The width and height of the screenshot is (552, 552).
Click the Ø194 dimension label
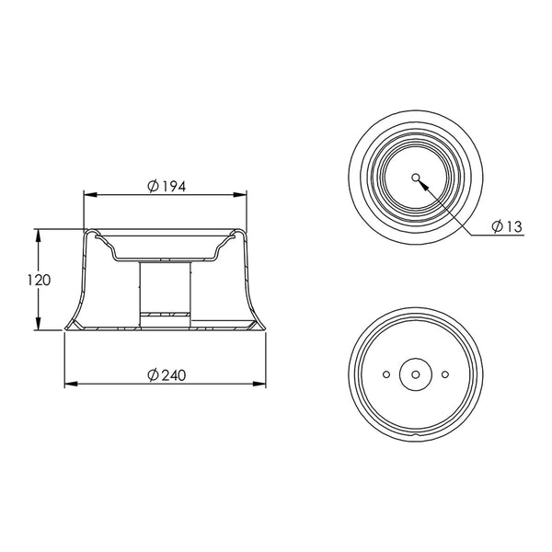pyautogui.click(x=167, y=186)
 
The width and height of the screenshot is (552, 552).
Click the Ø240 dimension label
pyautogui.click(x=167, y=375)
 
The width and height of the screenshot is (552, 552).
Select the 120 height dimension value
pyautogui.click(x=39, y=281)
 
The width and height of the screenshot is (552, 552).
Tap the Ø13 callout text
pyautogui.click(x=507, y=226)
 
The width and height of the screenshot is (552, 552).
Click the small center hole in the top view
pyautogui.click(x=416, y=178)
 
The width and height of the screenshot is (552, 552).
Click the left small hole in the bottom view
pyautogui.click(x=386, y=374)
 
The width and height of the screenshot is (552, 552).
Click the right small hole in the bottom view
pyautogui.click(x=445, y=374)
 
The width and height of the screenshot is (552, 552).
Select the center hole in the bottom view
pyautogui.click(x=416, y=374)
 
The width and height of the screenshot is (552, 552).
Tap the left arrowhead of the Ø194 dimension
pyautogui.click(x=90, y=195)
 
